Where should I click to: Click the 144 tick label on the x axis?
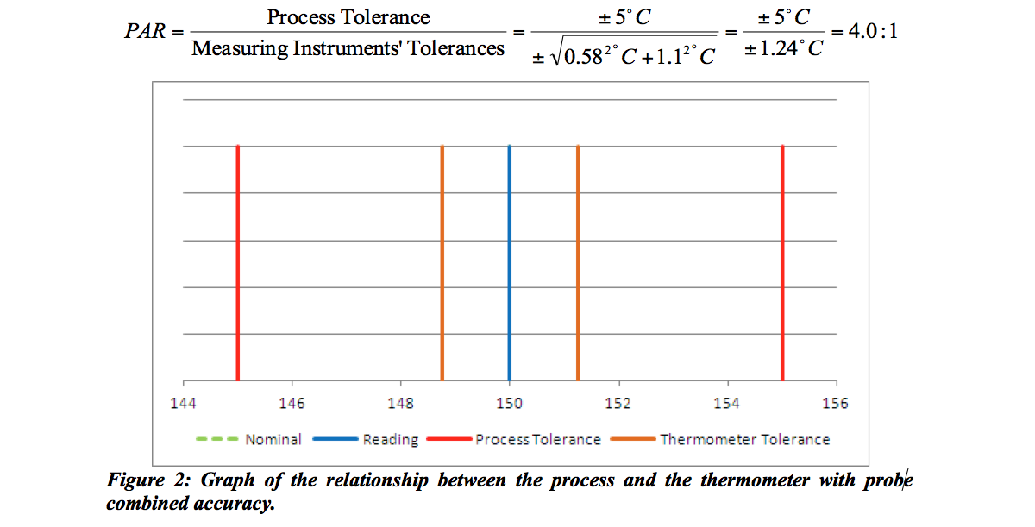(184, 403)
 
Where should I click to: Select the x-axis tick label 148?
(401, 403)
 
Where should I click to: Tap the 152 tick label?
(618, 403)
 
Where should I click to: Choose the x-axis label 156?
(836, 403)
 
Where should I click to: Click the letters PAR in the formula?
(143, 33)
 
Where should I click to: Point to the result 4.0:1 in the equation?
(864, 33)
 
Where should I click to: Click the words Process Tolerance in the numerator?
(348, 17)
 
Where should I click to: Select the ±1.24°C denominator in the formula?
(783, 49)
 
